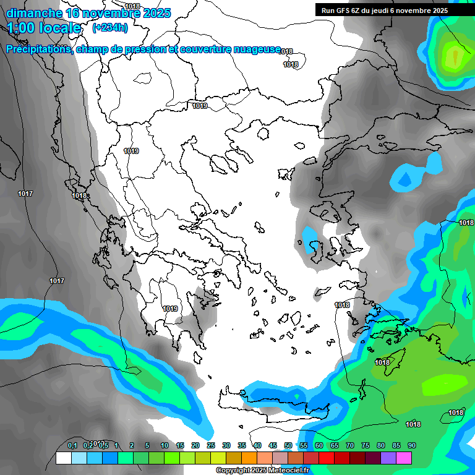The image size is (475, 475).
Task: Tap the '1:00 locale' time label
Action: tap(44, 27)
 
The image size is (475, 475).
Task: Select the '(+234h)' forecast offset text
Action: tap(109, 27)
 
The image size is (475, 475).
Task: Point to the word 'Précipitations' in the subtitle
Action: tap(38, 49)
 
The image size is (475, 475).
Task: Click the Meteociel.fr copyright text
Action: tap(262, 471)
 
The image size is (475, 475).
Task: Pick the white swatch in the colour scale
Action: tap(63, 458)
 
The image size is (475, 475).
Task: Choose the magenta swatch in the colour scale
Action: tap(404, 458)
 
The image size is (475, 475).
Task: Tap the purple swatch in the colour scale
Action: tap(388, 458)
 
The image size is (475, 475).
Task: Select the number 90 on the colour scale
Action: tap(411, 445)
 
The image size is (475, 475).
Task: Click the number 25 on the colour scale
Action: tap(210, 445)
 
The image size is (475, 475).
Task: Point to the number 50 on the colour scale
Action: tap(288, 445)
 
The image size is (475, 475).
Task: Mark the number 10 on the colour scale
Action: tap(164, 445)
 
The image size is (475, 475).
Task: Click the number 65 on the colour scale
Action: tap(334, 445)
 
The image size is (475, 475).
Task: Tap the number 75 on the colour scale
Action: tap(365, 445)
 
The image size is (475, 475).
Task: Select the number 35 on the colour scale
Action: tap(241, 445)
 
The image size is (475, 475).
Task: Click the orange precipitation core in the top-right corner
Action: tap(456, 56)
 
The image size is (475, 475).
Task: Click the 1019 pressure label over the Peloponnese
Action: tap(170, 309)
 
